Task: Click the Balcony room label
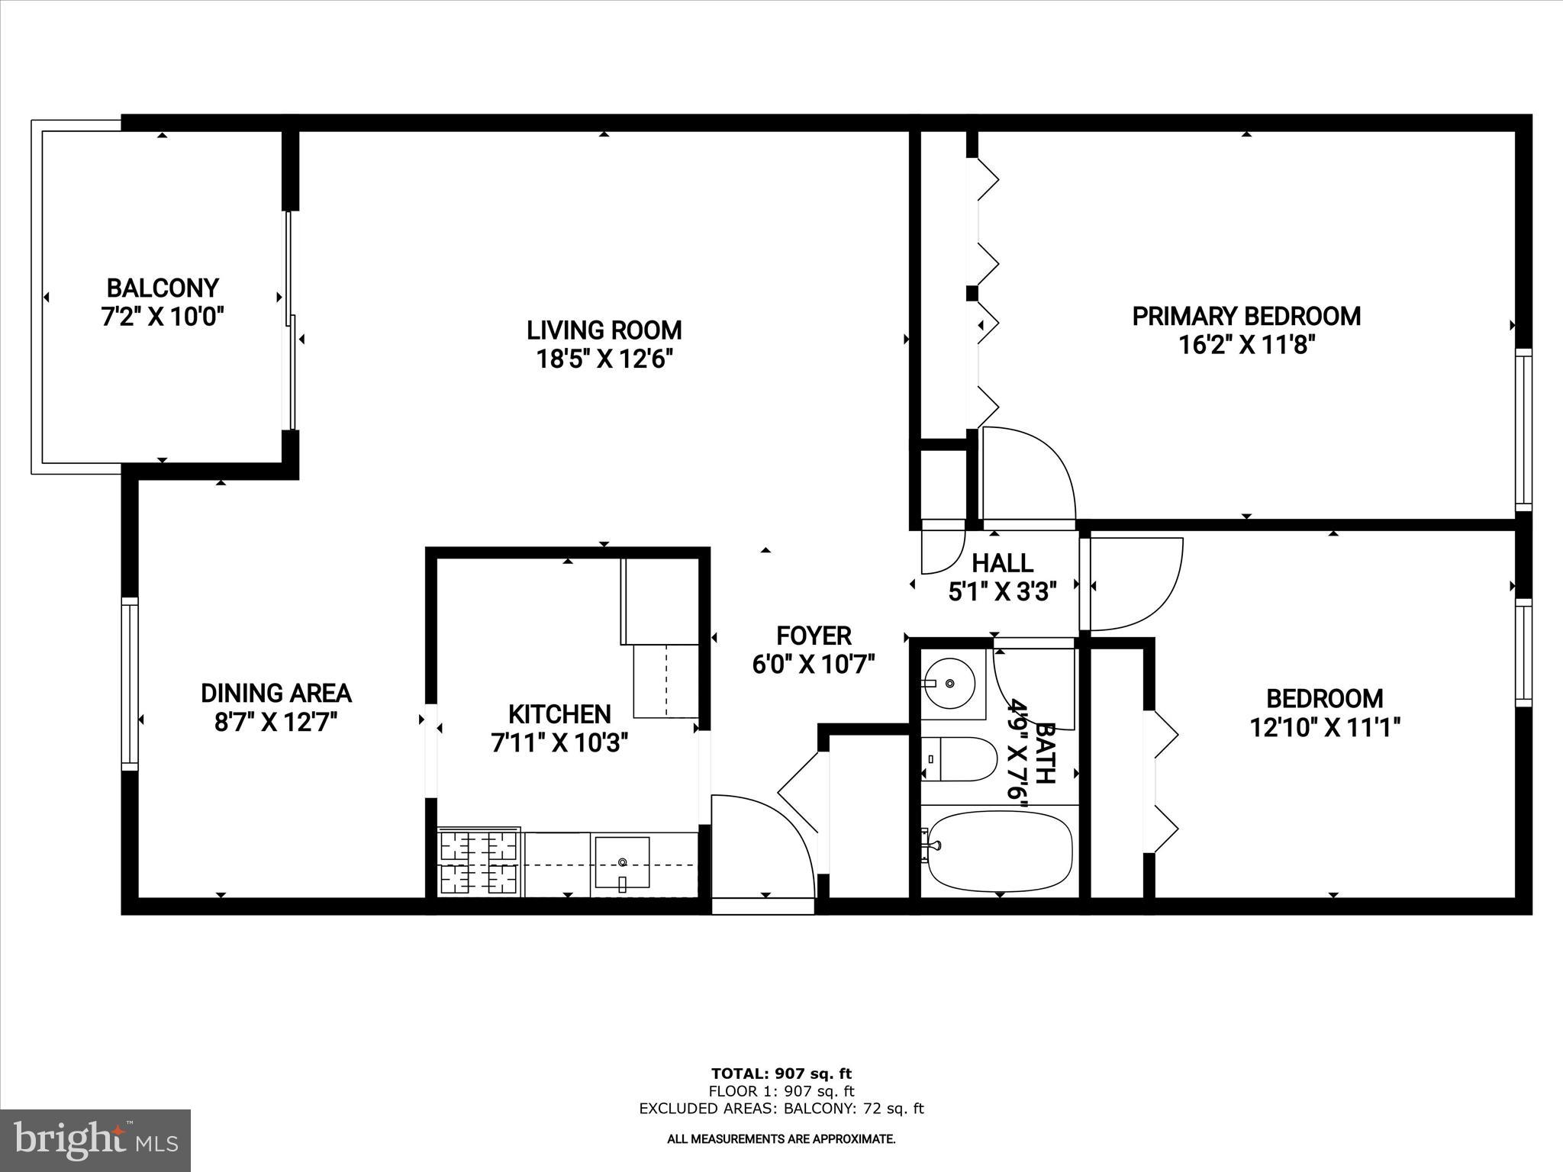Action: tap(163, 288)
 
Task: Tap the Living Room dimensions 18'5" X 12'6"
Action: tap(604, 359)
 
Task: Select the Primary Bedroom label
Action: tap(1246, 317)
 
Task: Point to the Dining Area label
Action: tap(276, 693)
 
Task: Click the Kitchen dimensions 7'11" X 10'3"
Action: tap(559, 742)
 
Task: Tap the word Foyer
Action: tap(814, 636)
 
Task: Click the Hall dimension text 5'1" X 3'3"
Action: tap(1002, 592)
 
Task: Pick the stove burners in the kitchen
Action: tap(479, 862)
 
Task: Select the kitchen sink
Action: tap(622, 863)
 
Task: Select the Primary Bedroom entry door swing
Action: tap(1026, 473)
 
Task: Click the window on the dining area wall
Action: tap(130, 683)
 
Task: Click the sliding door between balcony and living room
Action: tap(291, 320)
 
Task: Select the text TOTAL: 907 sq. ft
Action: tap(781, 1074)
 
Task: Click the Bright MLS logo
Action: tap(95, 1141)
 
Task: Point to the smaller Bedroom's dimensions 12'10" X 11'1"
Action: tap(1324, 728)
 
